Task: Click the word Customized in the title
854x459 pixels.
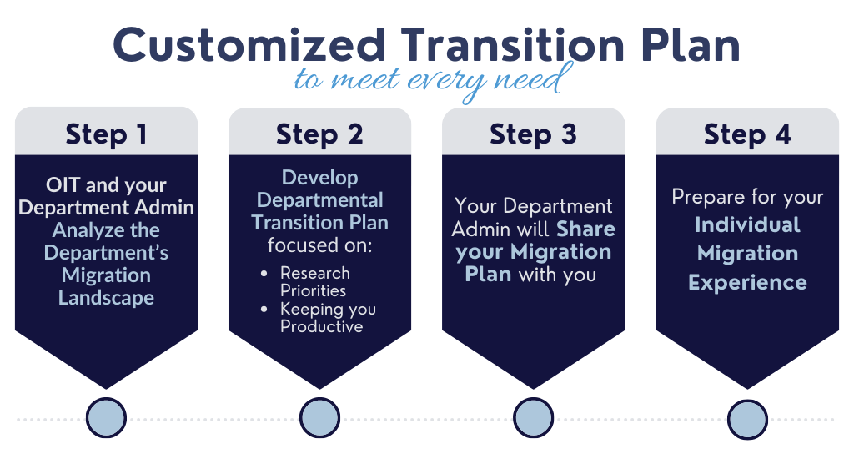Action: [x=249, y=46]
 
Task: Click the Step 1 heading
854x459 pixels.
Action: [x=106, y=134]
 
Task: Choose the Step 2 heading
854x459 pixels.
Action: [x=319, y=134]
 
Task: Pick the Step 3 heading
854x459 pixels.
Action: [x=533, y=134]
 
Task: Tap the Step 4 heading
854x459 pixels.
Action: [x=747, y=134]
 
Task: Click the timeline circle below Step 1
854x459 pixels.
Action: [x=106, y=418]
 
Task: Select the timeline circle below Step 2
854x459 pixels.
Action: [x=320, y=418]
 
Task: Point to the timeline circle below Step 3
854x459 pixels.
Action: [x=534, y=418]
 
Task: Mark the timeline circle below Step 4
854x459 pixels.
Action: [x=748, y=418]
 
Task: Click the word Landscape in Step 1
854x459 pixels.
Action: [x=106, y=298]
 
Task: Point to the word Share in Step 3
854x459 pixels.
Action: [x=585, y=229]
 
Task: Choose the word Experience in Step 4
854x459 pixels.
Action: [x=747, y=282]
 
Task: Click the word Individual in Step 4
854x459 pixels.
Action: [x=747, y=225]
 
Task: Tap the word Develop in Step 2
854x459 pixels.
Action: [x=320, y=178]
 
